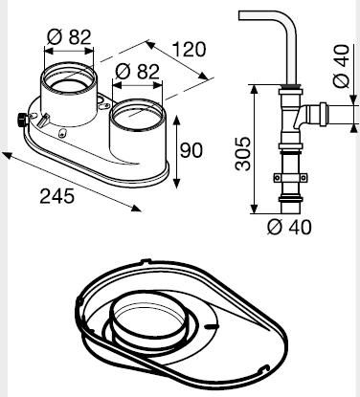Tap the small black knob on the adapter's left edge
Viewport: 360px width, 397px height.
click(x=18, y=121)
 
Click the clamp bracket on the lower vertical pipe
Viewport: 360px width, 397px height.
click(x=288, y=177)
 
